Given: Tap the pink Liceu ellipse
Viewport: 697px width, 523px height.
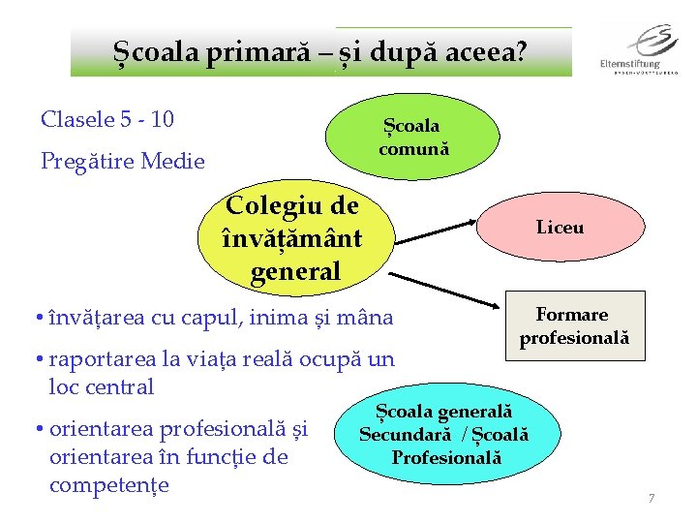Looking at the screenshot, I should click(561, 229).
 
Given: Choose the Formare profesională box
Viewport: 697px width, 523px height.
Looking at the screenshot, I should click(574, 326).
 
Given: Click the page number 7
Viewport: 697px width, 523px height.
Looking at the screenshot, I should click(652, 499).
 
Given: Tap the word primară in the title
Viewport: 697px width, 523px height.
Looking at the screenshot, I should click(250, 51).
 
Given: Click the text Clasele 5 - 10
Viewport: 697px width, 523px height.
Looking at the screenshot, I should click(107, 120).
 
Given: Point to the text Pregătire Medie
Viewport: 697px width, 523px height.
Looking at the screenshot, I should click(123, 162).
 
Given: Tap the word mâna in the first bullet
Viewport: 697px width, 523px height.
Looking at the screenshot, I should click(368, 317).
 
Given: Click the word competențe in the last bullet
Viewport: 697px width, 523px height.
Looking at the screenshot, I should click(108, 483).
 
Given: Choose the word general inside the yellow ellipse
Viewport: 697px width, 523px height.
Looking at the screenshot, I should click(295, 273).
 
